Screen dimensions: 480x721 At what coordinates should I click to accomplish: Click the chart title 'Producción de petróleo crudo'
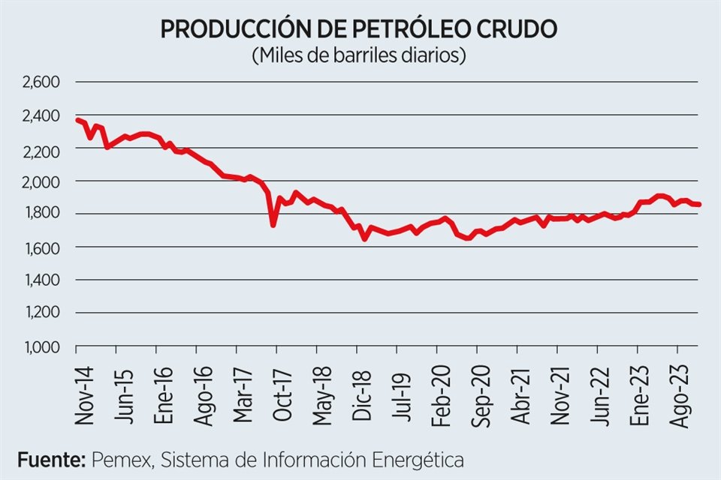click(360, 28)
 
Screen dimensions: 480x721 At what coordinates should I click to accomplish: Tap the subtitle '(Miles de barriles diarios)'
click(360, 55)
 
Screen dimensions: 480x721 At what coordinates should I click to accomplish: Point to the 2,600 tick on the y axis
click(42, 82)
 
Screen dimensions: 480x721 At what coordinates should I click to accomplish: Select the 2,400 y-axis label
click(42, 116)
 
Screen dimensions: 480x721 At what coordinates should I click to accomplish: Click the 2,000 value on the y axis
click(42, 181)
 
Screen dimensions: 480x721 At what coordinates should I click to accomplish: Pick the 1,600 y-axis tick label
click(42, 247)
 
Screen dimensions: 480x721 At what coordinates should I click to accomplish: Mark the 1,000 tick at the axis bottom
click(42, 346)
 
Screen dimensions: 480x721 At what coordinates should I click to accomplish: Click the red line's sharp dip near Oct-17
click(273, 224)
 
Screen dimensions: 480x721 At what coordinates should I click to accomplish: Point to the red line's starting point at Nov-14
click(77, 120)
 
